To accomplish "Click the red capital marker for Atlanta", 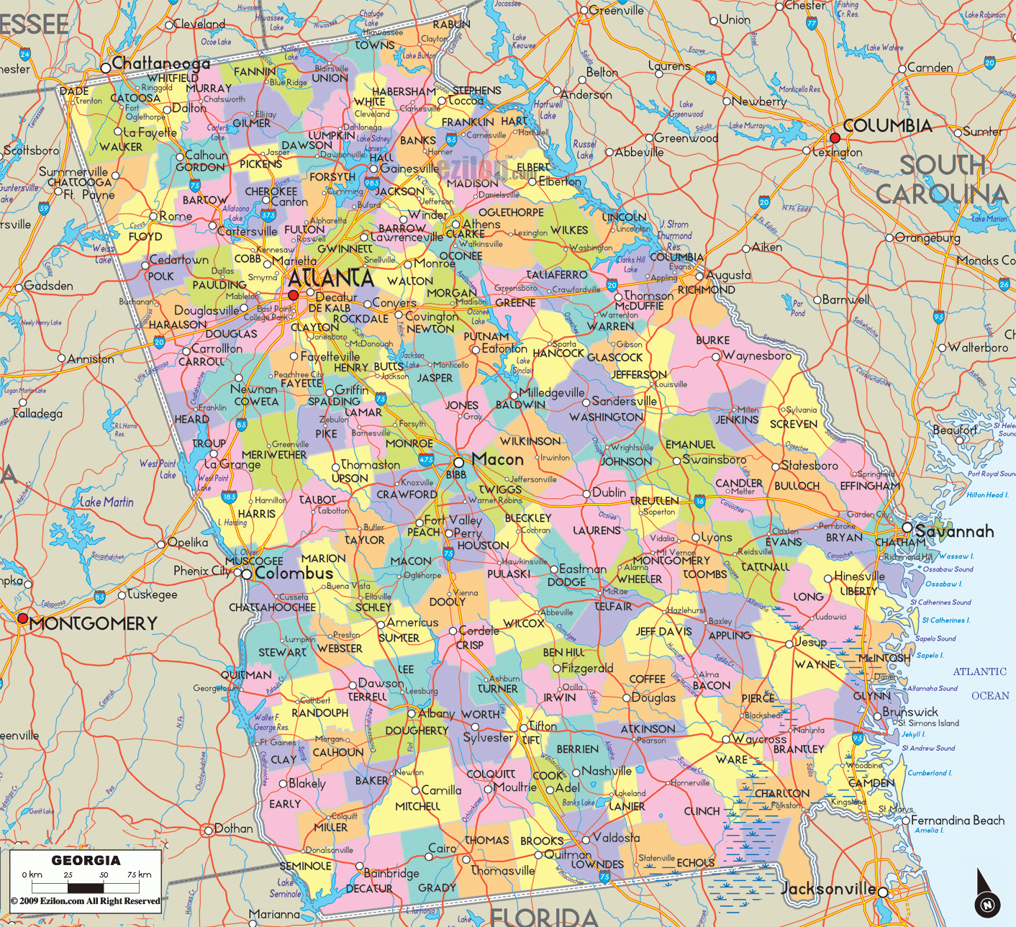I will pyautogui.click(x=293, y=295).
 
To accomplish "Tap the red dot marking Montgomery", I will pyautogui.click(x=22, y=618).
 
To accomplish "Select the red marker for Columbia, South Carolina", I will pyautogui.click(x=835, y=137).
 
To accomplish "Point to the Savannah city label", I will pyautogui.click(x=954, y=531).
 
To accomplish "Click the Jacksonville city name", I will pyautogui.click(x=828, y=889).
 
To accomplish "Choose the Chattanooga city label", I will pyautogui.click(x=160, y=63).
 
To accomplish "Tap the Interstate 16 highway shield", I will pyautogui.click(x=699, y=501).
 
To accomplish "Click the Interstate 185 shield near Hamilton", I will pyautogui.click(x=230, y=496).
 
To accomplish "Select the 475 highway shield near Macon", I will pyautogui.click(x=426, y=458).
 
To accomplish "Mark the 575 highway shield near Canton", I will pyautogui.click(x=268, y=214).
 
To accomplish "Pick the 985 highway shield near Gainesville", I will pyautogui.click(x=371, y=184).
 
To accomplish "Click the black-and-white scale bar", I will pyautogui.click(x=86, y=887).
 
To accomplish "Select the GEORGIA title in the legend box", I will pyautogui.click(x=86, y=861).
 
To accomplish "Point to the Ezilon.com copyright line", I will pyautogui.click(x=86, y=901).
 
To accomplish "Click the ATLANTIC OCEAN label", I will pyautogui.click(x=980, y=683).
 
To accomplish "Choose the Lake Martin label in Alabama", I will pyautogui.click(x=106, y=502).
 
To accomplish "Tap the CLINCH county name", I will pyautogui.click(x=702, y=811).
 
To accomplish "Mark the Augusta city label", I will pyautogui.click(x=728, y=275).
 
